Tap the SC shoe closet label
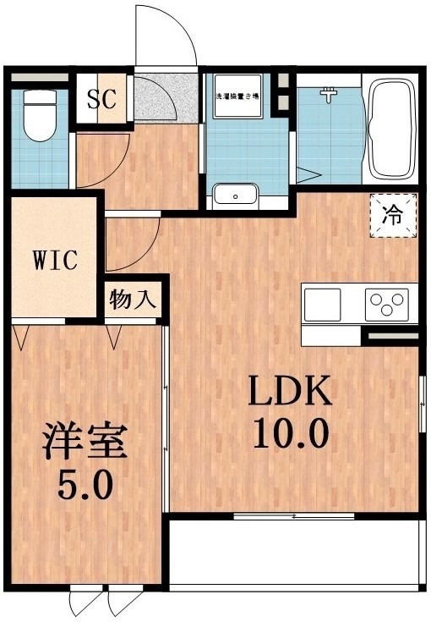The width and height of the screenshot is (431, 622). [101, 100]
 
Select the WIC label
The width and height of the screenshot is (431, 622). [56, 259]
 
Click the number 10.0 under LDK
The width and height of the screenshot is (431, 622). [290, 436]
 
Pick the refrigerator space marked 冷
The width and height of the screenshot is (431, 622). [395, 217]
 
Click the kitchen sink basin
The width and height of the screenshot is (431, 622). [323, 302]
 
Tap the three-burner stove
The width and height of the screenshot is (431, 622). [386, 303]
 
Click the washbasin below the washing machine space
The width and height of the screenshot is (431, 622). [236, 195]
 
